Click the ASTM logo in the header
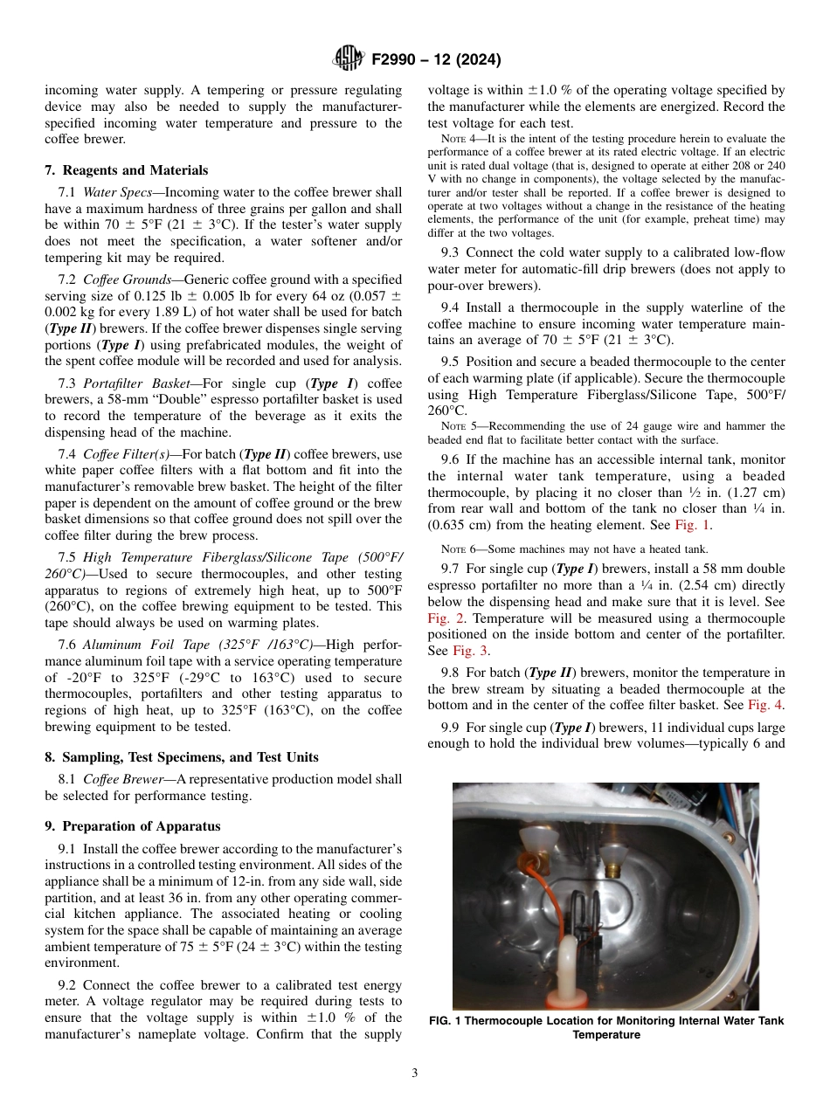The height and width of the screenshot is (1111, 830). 349,59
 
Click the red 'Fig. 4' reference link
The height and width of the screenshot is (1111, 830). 765,705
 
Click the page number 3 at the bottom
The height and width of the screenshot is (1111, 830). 414,1073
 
